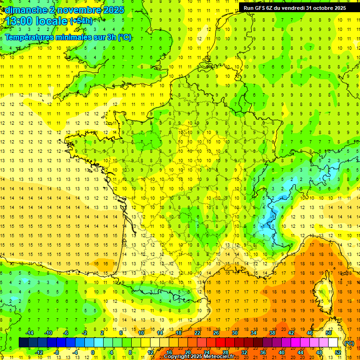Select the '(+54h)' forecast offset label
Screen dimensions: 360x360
81,21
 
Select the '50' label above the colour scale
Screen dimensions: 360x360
328,333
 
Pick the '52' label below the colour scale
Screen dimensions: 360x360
337,352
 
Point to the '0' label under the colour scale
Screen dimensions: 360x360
93,352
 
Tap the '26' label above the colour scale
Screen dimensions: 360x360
216,333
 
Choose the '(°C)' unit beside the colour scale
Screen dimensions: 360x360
349,343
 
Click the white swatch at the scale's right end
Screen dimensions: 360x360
333,343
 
